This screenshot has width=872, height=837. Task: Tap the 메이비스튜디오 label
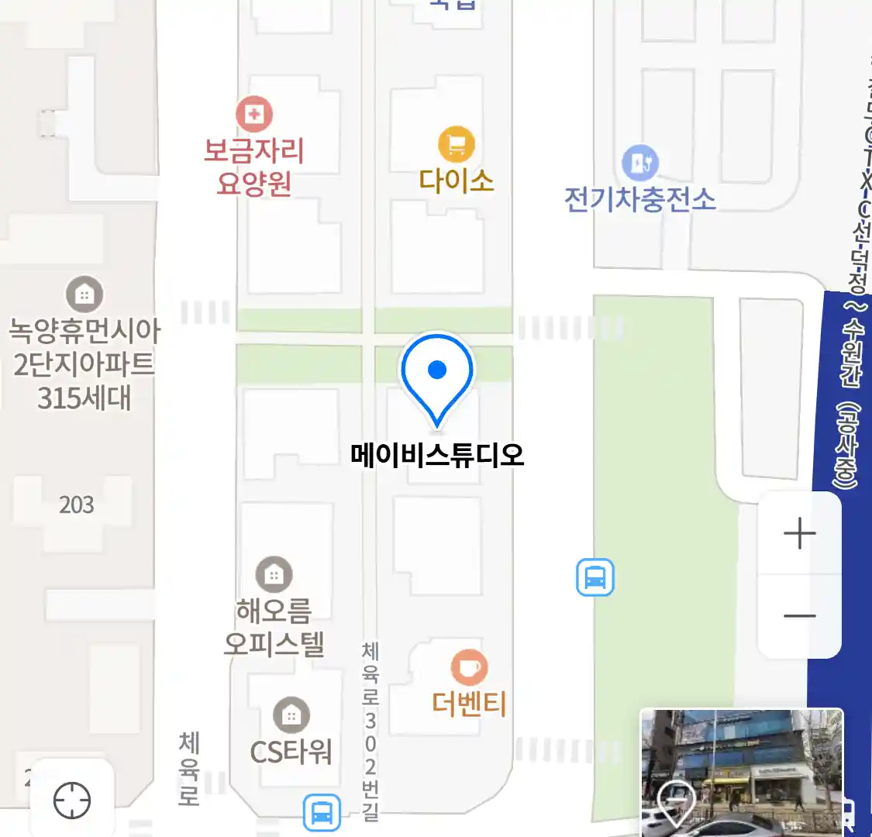click(x=437, y=455)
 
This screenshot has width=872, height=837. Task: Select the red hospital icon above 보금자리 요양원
click(x=254, y=115)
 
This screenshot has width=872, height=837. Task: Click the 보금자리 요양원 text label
click(x=253, y=167)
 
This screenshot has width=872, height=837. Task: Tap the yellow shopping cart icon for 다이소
click(x=457, y=144)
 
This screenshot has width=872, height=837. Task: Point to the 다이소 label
click(x=457, y=181)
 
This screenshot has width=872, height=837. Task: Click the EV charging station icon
click(x=640, y=164)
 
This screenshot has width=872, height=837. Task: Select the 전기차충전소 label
click(x=639, y=200)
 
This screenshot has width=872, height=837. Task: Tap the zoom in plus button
click(x=799, y=534)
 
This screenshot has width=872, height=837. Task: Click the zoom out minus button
click(x=799, y=616)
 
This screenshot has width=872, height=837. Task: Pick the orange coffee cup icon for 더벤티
click(x=469, y=667)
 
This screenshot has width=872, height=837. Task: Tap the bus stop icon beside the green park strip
click(x=595, y=577)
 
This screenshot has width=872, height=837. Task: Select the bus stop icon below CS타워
click(x=321, y=812)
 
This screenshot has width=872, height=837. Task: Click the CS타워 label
click(x=291, y=751)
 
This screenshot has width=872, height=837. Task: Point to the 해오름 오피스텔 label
click(x=274, y=628)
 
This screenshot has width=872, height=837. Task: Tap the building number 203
click(x=77, y=505)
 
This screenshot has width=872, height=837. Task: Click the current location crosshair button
click(x=72, y=800)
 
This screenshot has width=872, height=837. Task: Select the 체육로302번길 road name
click(x=371, y=731)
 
